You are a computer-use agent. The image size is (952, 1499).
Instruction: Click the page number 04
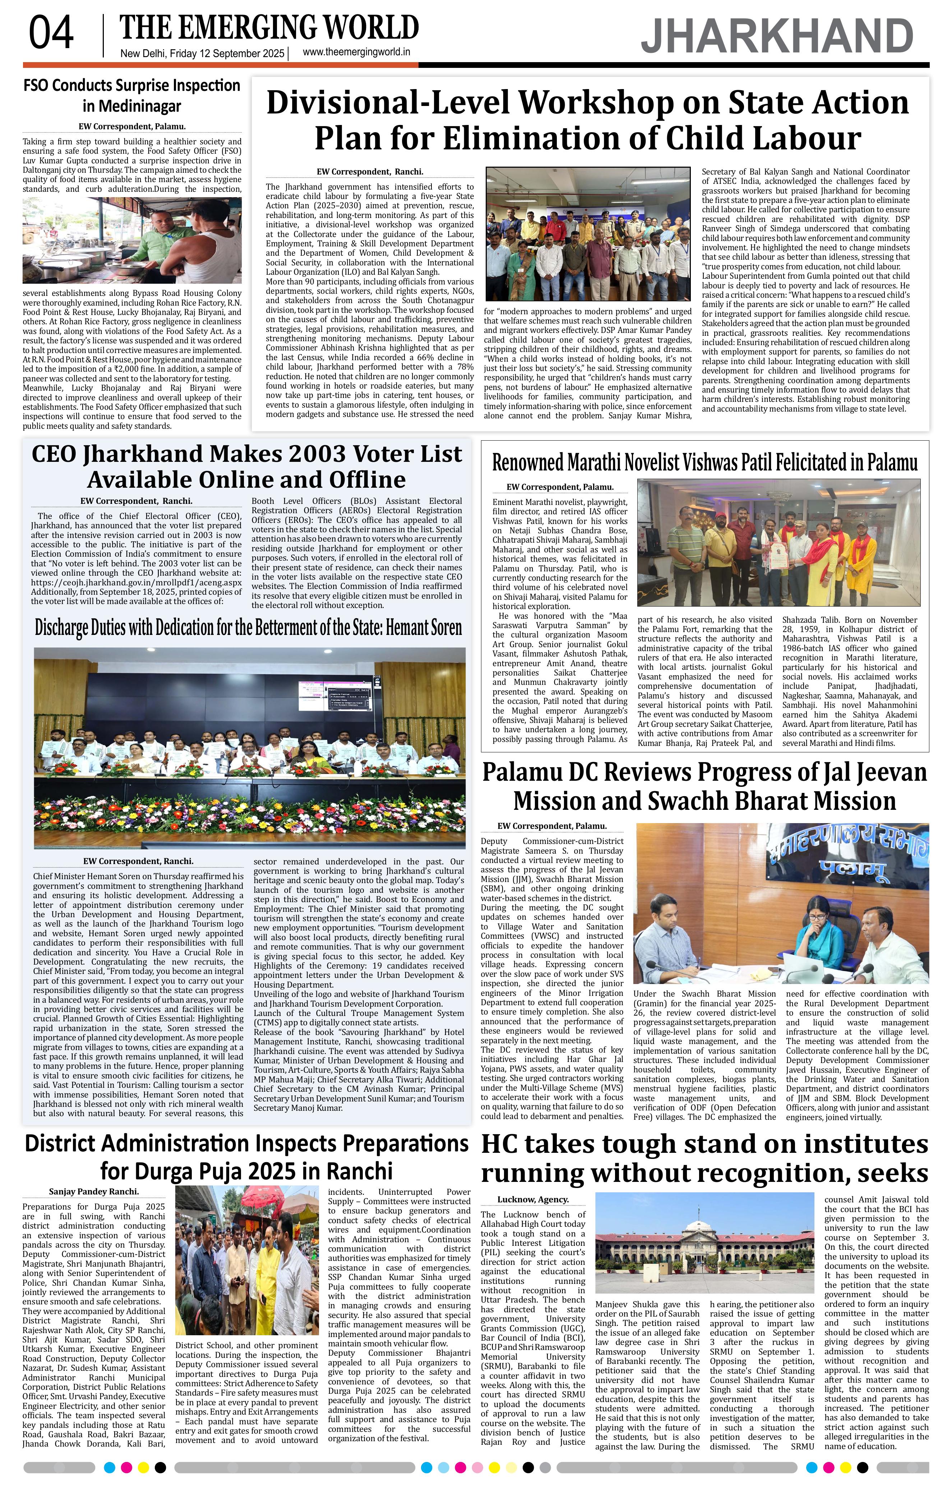click(x=51, y=34)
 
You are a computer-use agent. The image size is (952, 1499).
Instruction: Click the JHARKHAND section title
click(x=777, y=36)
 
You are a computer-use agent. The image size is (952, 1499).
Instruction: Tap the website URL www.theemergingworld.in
click(x=356, y=53)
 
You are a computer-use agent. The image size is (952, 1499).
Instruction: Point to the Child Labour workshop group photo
click(x=588, y=233)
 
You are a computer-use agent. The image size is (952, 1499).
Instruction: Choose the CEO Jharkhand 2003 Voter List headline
click(x=246, y=466)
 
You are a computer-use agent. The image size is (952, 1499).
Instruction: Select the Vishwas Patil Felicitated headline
click(x=705, y=463)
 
